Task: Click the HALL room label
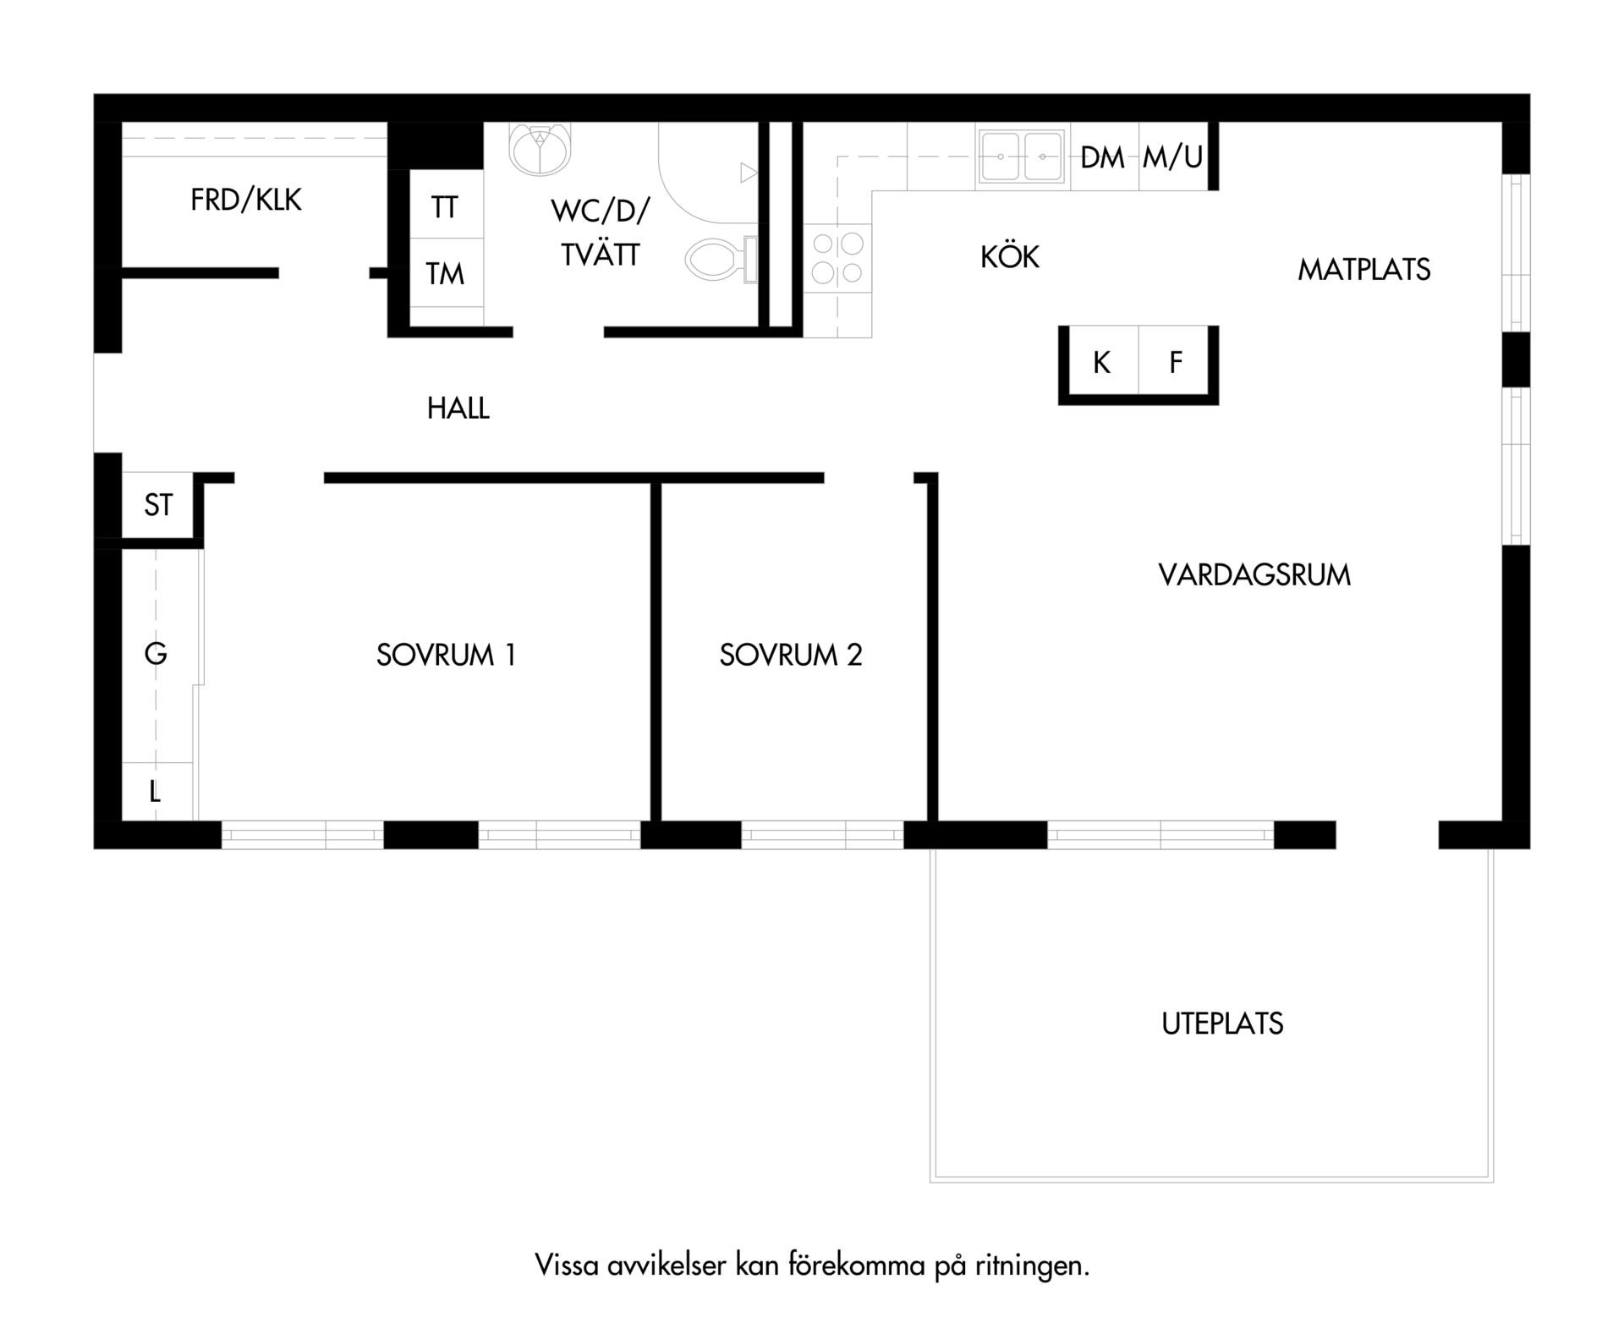[x=458, y=409]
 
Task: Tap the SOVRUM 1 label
[x=446, y=655]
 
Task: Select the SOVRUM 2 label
[x=791, y=655]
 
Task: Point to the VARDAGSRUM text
[x=1254, y=575]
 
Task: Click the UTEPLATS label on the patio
[x=1222, y=1024]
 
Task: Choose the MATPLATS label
[x=1363, y=270]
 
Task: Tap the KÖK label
[x=1010, y=255]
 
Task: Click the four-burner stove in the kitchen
[x=837, y=258]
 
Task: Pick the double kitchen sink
[x=1022, y=156]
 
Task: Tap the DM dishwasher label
[x=1103, y=157]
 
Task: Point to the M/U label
[x=1172, y=156]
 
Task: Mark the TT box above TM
[x=447, y=205]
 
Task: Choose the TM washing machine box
[x=447, y=272]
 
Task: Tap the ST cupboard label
[x=158, y=505]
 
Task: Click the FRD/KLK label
[x=246, y=200]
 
